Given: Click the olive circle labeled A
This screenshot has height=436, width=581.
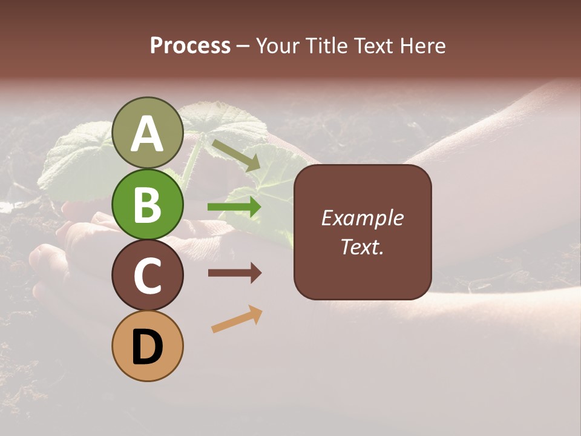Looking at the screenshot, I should pyautogui.click(x=148, y=133).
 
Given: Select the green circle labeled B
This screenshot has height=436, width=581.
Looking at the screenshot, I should pyautogui.click(x=148, y=205).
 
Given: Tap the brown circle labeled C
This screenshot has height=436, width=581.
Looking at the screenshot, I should pyautogui.click(x=148, y=275).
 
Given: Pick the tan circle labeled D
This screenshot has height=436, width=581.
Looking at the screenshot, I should pyautogui.click(x=148, y=346).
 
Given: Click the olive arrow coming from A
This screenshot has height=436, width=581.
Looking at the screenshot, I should pyautogui.click(x=235, y=155).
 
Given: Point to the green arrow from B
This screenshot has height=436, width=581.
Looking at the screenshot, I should pyautogui.click(x=234, y=207).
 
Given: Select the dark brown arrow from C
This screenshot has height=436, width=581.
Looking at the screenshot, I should pyautogui.click(x=234, y=273).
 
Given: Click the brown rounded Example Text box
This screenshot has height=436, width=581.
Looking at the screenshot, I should pyautogui.click(x=363, y=232).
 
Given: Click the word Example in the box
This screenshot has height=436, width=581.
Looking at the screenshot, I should pyautogui.click(x=363, y=218).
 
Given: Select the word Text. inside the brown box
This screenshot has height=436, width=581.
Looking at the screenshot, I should pyautogui.click(x=362, y=246).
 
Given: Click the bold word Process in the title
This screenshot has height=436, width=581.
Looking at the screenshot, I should pyautogui.click(x=190, y=45).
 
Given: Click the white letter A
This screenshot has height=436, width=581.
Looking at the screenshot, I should pyautogui.click(x=148, y=134).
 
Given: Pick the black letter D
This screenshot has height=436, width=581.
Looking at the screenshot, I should pyautogui.click(x=148, y=347).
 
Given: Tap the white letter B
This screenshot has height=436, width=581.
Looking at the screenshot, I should pyautogui.click(x=148, y=205).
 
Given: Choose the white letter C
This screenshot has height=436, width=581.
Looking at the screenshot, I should pyautogui.click(x=148, y=276).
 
